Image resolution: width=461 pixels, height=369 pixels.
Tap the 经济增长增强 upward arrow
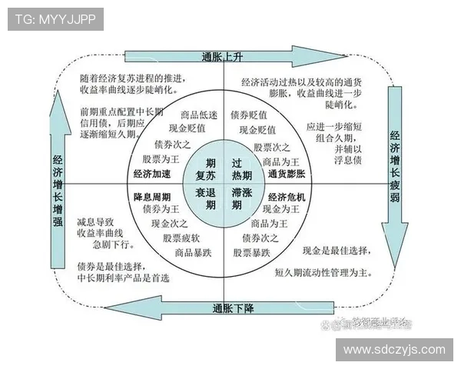point(58,184)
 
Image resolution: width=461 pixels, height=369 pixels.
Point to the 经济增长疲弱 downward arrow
point(395,154)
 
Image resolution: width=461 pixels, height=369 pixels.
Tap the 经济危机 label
point(287,197)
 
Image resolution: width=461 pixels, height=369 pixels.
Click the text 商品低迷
point(187,115)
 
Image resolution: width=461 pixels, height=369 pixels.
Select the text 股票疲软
point(181,238)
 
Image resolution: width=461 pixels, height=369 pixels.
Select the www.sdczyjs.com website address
point(393,350)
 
